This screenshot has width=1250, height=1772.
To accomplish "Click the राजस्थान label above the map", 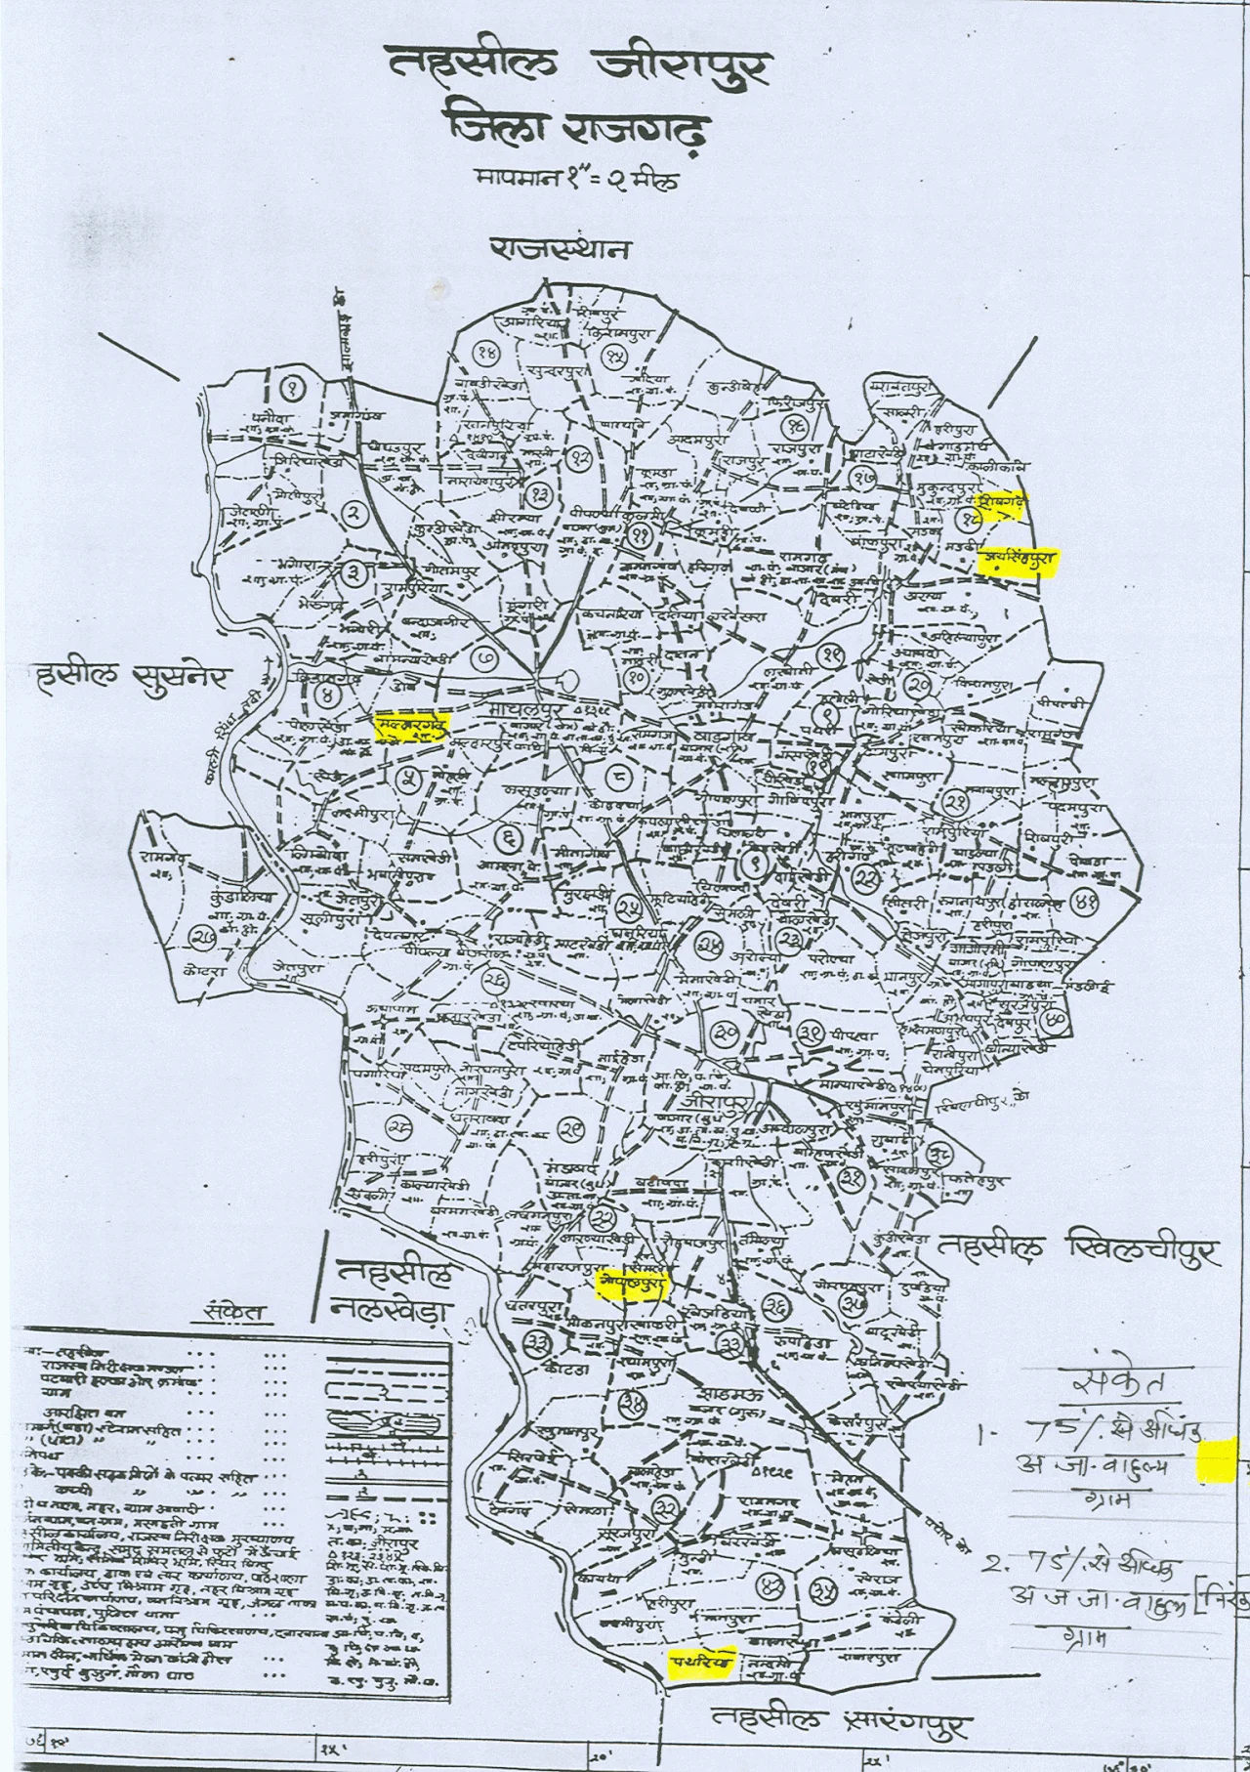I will pyautogui.click(x=560, y=251).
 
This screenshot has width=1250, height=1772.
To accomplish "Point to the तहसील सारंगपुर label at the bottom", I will pyautogui.click(x=840, y=1727).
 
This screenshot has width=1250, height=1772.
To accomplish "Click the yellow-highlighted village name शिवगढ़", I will pyautogui.click(x=1003, y=505).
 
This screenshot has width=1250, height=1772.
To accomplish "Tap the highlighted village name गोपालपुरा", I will pyautogui.click(x=630, y=1285).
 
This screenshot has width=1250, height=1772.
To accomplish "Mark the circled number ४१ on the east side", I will pyautogui.click(x=1083, y=902).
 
